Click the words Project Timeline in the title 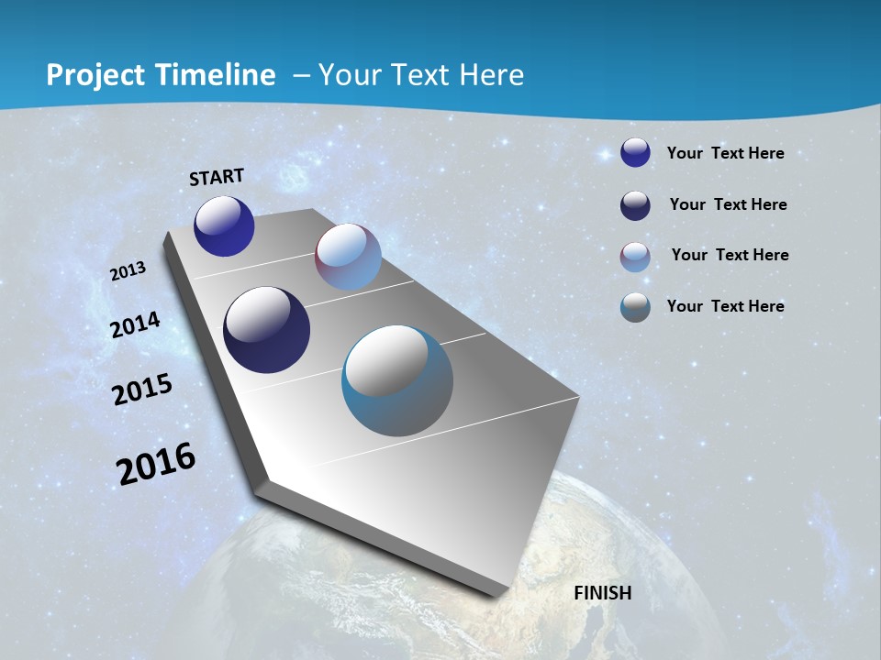tap(161, 75)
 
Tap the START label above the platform tap(217, 177)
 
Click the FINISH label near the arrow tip tap(602, 593)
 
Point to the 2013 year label tap(128, 271)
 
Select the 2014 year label tap(136, 324)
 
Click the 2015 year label tap(142, 390)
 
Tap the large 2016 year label tap(156, 463)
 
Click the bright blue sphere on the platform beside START tap(224, 226)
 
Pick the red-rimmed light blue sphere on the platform tap(348, 257)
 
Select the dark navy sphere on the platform tap(266, 330)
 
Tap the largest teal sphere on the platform tap(397, 379)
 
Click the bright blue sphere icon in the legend tap(635, 153)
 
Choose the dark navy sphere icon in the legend tap(635, 205)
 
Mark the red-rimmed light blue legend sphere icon tap(635, 257)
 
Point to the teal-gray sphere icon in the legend tap(635, 307)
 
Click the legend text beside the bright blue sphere tap(725, 153)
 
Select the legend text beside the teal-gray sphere tap(725, 306)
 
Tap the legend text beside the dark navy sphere tap(728, 204)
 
